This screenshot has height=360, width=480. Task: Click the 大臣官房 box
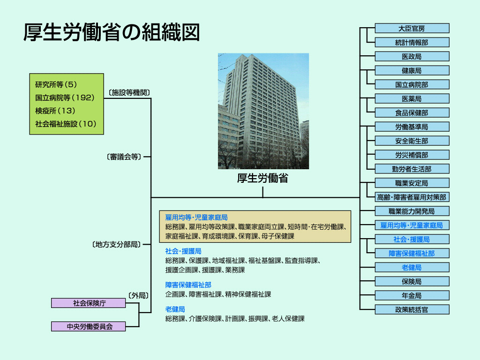click(x=412, y=29)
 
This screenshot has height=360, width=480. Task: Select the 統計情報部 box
click(x=412, y=43)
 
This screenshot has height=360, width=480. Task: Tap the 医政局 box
click(x=412, y=57)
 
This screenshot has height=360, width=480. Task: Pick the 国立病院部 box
click(x=412, y=85)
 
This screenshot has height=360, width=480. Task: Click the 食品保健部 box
click(x=412, y=113)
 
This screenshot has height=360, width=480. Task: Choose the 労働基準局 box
click(x=412, y=127)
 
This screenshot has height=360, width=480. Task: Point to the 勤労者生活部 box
click(x=412, y=169)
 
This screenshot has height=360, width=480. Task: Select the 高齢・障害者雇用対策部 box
click(x=412, y=197)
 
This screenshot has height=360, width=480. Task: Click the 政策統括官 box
click(x=412, y=310)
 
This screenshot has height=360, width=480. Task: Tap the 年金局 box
click(x=412, y=296)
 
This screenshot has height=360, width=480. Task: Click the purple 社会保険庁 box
click(x=89, y=303)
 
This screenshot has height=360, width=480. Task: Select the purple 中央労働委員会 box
click(x=89, y=327)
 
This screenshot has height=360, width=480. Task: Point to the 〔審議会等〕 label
click(x=124, y=157)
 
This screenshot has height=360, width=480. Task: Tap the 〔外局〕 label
click(x=138, y=296)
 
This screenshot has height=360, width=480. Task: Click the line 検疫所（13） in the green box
click(x=55, y=111)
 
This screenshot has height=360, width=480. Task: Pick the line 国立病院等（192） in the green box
click(x=65, y=97)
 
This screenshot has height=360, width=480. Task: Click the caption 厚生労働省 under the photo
click(x=262, y=178)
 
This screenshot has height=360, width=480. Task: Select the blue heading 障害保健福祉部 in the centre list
click(x=188, y=285)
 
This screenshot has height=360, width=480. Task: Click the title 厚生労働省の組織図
click(x=112, y=32)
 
